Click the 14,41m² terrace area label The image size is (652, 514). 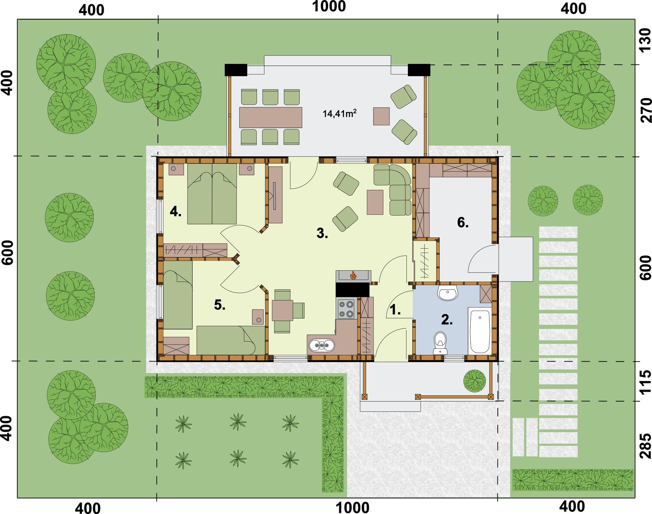339,113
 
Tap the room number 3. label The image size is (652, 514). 322,233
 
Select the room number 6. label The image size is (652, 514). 463,222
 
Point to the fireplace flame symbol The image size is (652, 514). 353,275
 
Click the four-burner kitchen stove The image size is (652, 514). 346,309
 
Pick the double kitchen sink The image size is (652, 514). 322,346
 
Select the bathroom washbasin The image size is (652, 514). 448,293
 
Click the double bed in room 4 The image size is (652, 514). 212,194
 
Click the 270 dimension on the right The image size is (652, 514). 645,110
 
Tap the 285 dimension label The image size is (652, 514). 645,445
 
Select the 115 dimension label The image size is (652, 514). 645,382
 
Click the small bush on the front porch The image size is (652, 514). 475,381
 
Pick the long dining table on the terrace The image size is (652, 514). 271,117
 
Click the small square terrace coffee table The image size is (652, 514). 381,116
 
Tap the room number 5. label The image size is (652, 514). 220,305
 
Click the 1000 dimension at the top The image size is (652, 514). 329,6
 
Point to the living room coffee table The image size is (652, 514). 375,202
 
